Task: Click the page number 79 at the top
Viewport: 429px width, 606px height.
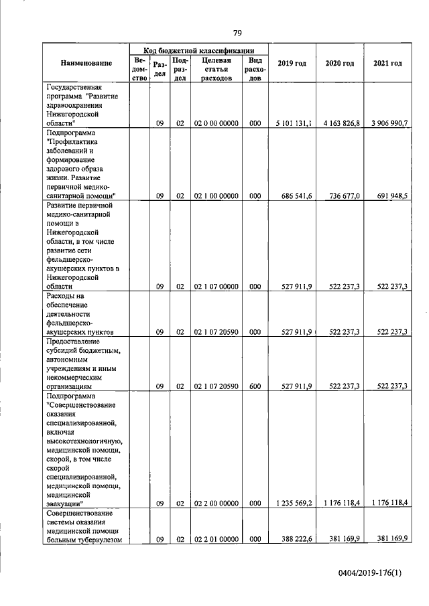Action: pyautogui.click(x=237, y=33)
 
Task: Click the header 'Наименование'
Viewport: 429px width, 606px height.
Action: pyautogui.click(x=86, y=64)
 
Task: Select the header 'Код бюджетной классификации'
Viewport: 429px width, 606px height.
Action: pyautogui.click(x=201, y=50)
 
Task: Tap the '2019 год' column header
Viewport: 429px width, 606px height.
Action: pyautogui.click(x=292, y=64)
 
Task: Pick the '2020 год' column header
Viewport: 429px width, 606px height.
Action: pyautogui.click(x=340, y=64)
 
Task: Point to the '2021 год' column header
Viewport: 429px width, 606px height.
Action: pyautogui.click(x=387, y=64)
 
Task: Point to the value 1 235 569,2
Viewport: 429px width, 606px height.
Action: pyautogui.click(x=294, y=503)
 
